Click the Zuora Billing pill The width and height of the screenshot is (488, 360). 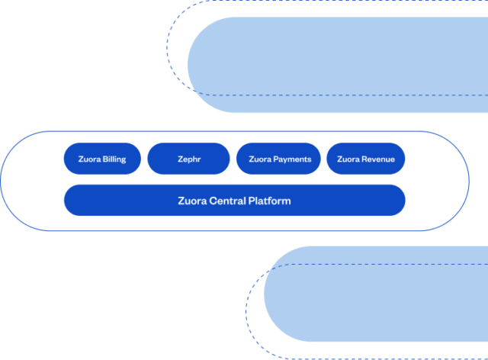tap(102, 159)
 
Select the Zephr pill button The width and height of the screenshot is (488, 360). tap(188, 159)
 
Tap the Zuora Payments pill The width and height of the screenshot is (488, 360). tap(280, 159)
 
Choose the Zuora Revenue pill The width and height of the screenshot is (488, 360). tap(366, 159)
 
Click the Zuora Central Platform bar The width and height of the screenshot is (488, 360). tap(234, 201)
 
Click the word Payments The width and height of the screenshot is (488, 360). tap(293, 159)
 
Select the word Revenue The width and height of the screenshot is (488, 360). tap(378, 159)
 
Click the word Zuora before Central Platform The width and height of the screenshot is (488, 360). tap(191, 201)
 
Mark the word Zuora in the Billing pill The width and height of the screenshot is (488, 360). tap(90, 159)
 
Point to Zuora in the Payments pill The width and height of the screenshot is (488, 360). tap(261, 159)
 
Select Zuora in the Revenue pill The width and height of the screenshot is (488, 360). tap(348, 159)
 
